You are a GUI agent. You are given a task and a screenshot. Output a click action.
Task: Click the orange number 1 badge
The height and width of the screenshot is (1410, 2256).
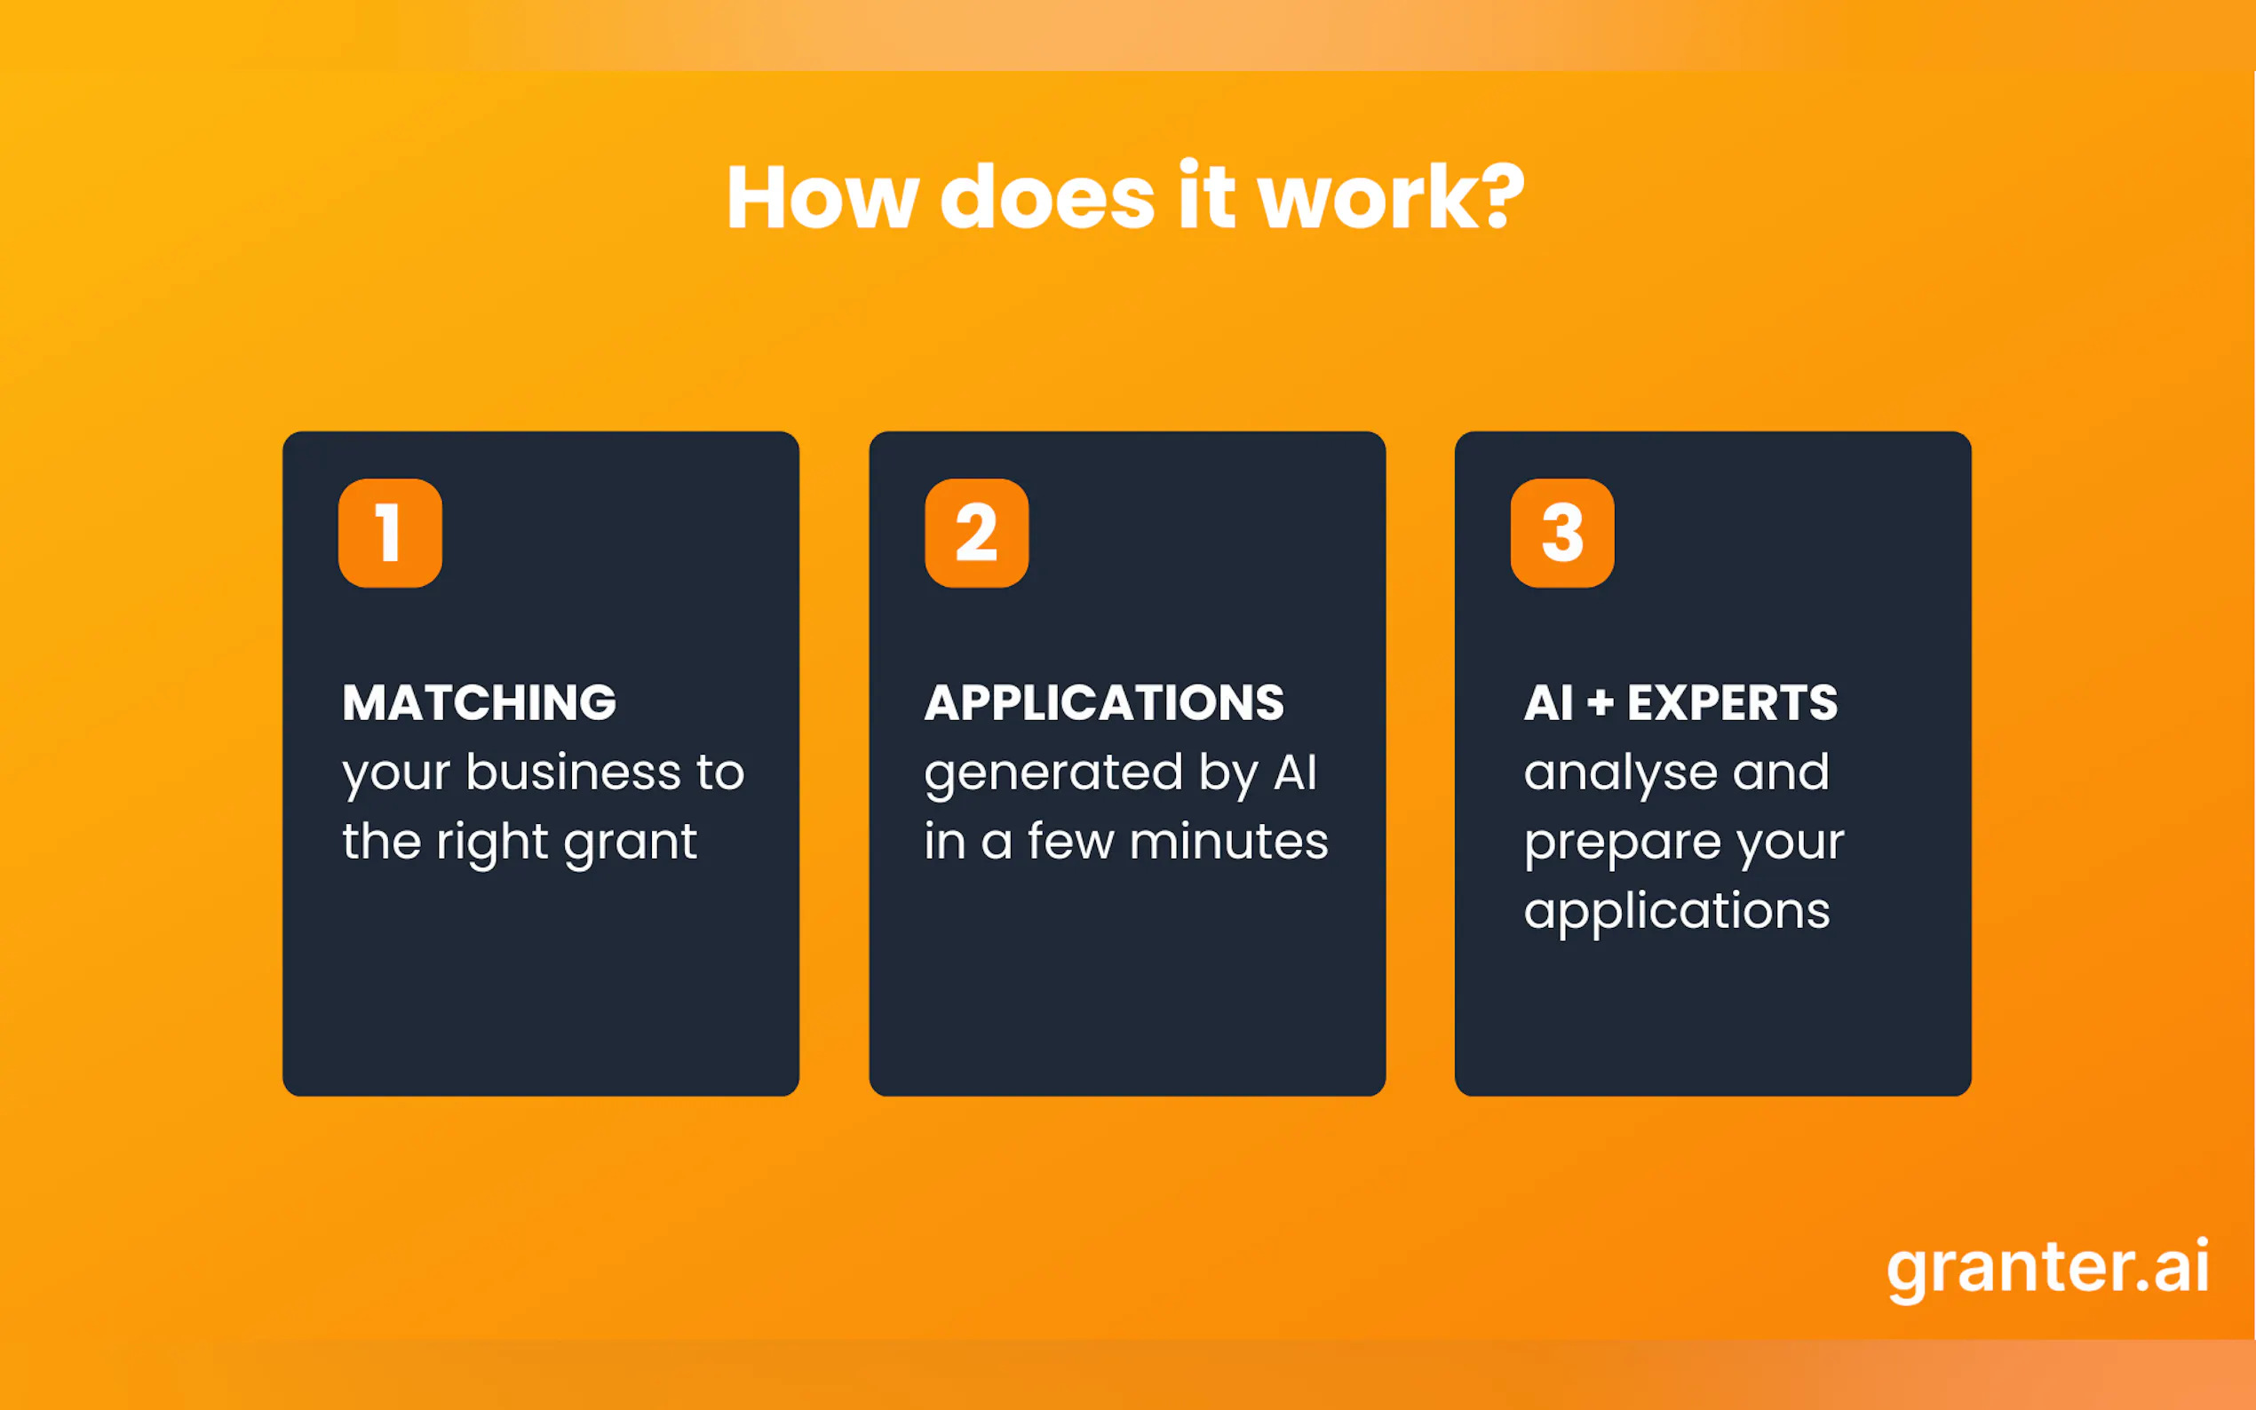click(x=390, y=533)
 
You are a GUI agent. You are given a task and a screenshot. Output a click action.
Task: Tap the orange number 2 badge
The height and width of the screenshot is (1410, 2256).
click(x=976, y=533)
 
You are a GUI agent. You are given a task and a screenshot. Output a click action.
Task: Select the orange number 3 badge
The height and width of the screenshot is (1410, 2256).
click(x=1562, y=533)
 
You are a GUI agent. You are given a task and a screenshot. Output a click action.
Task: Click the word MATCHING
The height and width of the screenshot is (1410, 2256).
click(x=480, y=702)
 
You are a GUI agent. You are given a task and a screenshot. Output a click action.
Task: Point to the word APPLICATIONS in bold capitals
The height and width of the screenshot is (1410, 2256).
click(x=1104, y=702)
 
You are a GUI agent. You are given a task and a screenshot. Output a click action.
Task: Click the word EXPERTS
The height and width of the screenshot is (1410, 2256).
click(x=1732, y=702)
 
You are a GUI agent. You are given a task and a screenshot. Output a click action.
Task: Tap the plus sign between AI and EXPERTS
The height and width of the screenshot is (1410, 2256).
click(x=1601, y=703)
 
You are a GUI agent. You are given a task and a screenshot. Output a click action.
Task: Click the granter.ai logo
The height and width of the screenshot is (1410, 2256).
click(x=2048, y=1268)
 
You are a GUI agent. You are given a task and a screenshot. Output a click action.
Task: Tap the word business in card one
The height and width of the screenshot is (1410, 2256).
click(x=574, y=772)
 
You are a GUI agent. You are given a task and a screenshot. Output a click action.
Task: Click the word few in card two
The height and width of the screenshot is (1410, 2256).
click(x=1070, y=841)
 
